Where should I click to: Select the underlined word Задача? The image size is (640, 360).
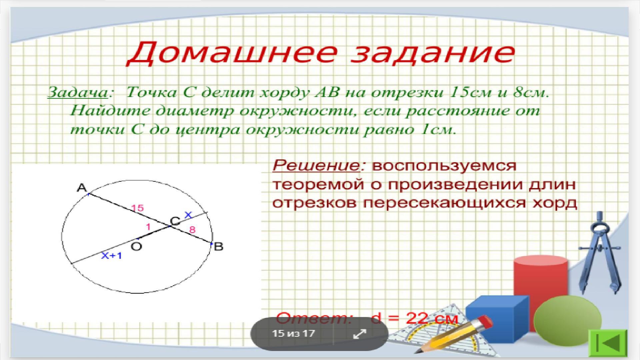pos(78,92)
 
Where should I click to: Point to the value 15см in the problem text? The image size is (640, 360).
pos(470,92)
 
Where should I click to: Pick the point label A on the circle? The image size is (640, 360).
pos(82,188)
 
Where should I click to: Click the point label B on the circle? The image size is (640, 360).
pos(218,247)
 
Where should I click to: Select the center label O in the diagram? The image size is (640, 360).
pos(136,246)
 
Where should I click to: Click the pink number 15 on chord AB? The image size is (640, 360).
pos(137,208)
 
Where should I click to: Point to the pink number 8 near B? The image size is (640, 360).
pos(192,230)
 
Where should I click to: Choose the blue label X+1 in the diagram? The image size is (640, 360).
pos(112,256)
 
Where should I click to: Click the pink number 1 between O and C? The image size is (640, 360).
pos(148,227)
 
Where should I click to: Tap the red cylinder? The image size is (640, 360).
pos(540,283)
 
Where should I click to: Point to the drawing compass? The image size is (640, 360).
pos(600,253)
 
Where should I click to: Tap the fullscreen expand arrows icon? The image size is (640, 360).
pos(360,334)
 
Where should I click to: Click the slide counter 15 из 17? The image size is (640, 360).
pos(293,333)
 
